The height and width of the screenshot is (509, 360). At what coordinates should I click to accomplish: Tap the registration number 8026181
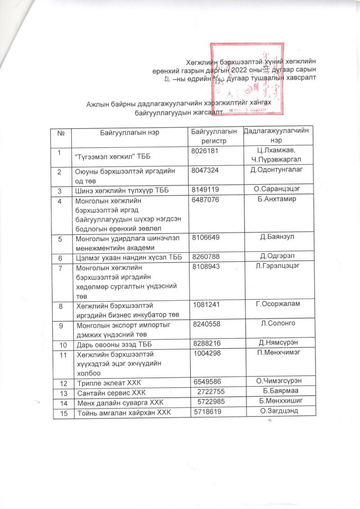tap(206, 151)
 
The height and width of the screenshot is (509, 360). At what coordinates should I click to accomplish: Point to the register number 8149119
tap(206, 190)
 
